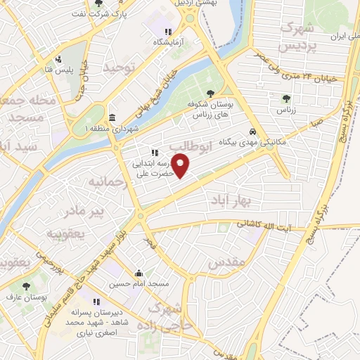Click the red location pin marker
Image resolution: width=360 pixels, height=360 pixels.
click(x=181, y=166)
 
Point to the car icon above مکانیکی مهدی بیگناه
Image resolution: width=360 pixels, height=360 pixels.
click(x=252, y=131)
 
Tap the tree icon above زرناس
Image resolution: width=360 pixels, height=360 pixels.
click(x=285, y=99)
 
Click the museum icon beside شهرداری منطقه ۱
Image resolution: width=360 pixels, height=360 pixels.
click(x=112, y=117)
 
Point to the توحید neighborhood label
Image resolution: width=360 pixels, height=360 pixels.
click(x=118, y=68)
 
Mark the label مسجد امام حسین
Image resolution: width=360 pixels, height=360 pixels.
click(x=139, y=284)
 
